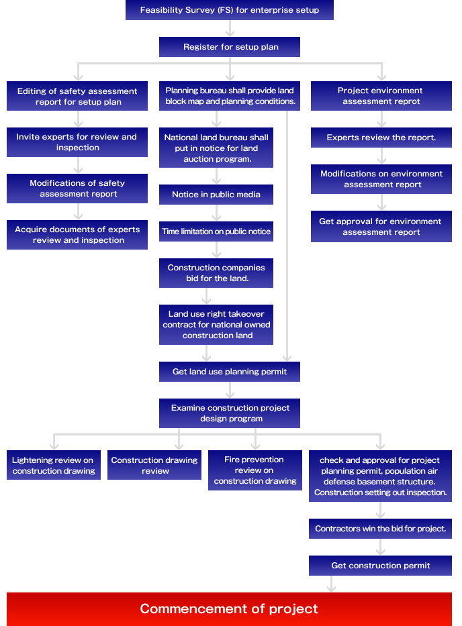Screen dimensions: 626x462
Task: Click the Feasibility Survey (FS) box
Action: pos(230,10)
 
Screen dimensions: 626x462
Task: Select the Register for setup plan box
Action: pos(230,47)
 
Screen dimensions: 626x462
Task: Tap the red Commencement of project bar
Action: pos(229,609)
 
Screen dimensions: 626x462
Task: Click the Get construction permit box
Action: pos(380,566)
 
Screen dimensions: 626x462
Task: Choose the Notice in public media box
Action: pos(216,195)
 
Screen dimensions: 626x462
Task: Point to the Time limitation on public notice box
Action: pos(216,231)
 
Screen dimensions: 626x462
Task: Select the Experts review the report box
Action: pos(381,138)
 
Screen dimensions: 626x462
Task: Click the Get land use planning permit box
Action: pos(230,372)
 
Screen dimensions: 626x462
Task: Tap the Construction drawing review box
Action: pos(154,466)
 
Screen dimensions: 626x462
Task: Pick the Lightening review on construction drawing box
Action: pos(53,466)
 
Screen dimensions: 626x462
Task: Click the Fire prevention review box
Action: pos(255,470)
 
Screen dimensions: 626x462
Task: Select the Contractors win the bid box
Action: pos(380,529)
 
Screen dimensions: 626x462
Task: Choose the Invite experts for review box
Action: pos(77,142)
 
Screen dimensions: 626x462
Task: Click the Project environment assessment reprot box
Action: pos(381,96)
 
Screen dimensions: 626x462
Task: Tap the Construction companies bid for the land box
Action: pos(216,273)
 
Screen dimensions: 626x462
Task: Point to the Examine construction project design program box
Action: pos(230,413)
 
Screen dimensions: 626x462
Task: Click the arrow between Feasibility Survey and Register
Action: pos(230,28)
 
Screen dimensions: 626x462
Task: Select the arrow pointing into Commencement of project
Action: pos(332,584)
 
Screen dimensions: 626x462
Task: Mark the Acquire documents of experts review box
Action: pos(77,235)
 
